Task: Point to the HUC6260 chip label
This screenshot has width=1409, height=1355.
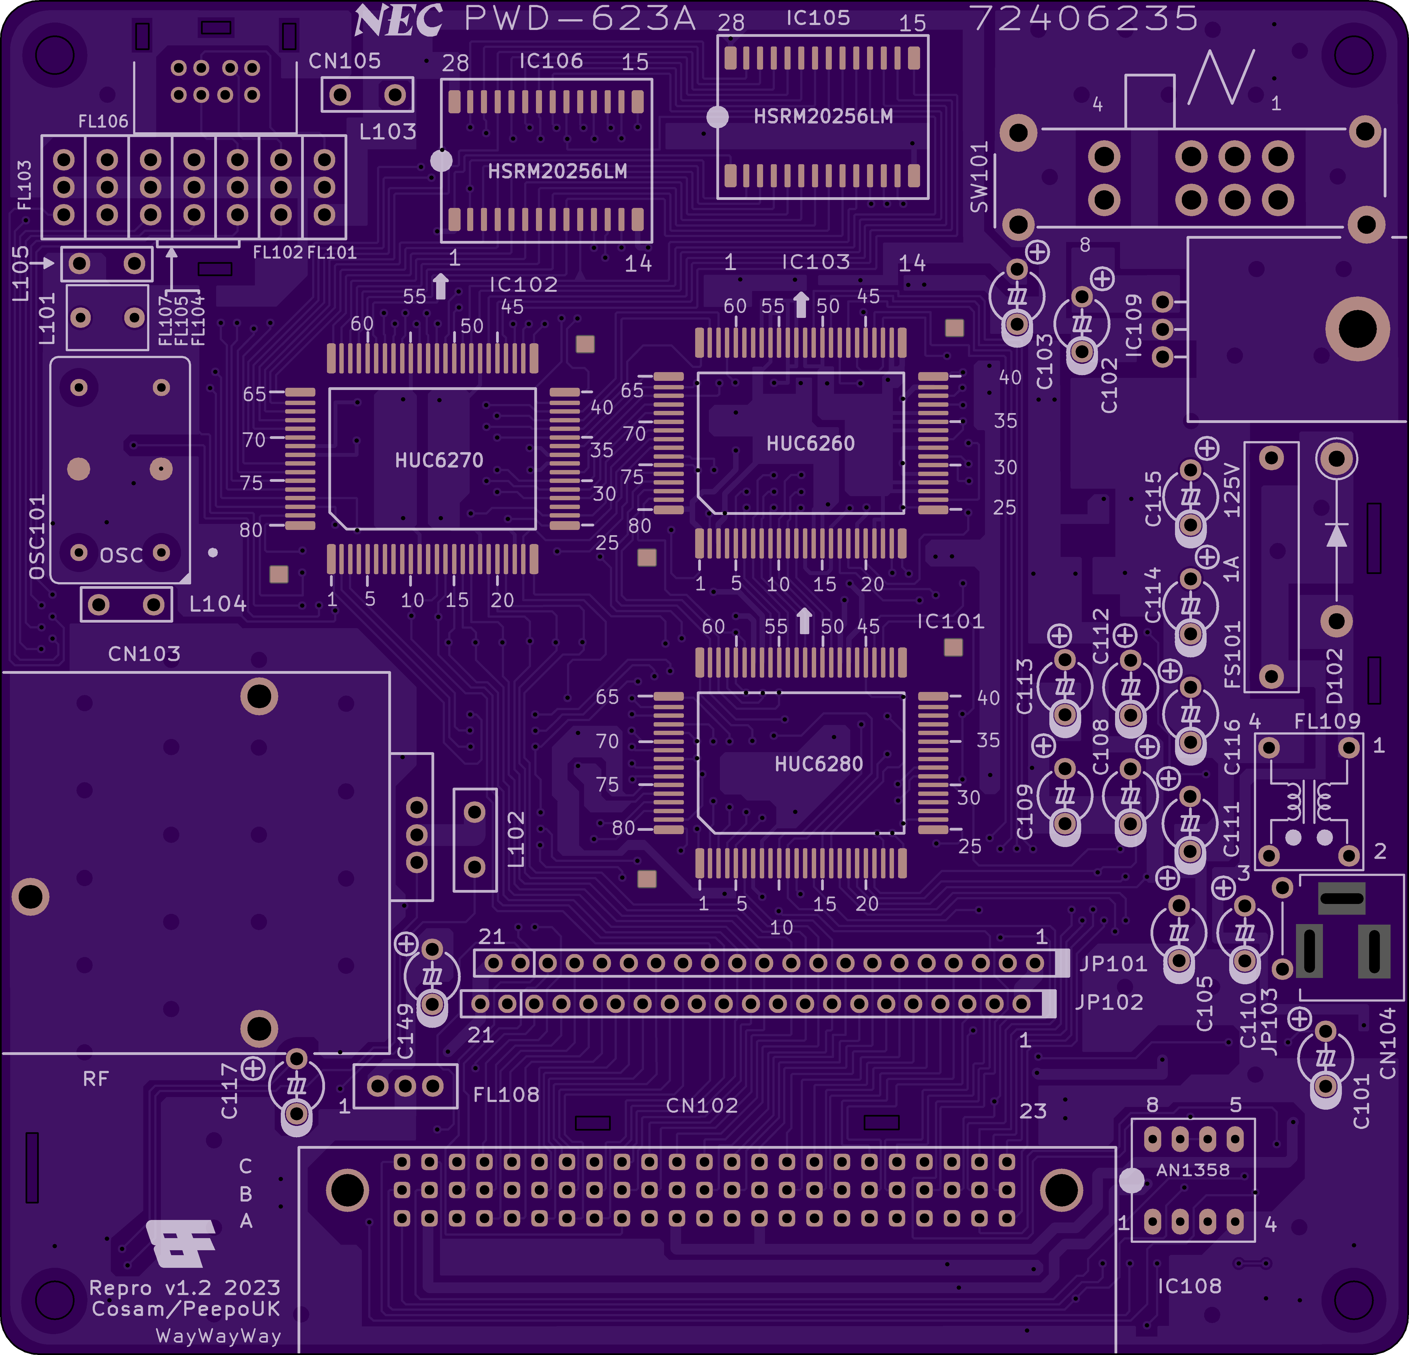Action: [x=810, y=444]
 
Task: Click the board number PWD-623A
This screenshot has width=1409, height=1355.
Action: [x=579, y=19]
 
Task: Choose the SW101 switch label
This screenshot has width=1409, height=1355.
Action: [x=979, y=177]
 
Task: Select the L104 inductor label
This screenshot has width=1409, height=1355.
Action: [x=217, y=604]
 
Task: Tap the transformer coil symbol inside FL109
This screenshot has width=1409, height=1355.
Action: [x=1308, y=800]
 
